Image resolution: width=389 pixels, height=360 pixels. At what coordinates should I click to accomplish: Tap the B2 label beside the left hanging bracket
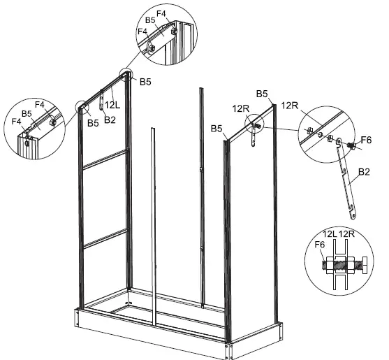pos(109,120)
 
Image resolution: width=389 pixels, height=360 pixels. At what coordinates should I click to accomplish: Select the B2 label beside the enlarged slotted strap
pos(362,170)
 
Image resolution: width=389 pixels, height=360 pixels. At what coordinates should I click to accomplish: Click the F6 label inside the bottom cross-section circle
pos(320,245)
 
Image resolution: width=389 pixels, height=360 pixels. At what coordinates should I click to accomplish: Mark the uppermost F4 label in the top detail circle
pos(161,12)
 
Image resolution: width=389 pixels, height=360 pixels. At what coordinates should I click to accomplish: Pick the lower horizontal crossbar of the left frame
pos(105,236)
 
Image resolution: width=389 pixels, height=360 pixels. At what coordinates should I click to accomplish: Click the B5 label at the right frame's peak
pos(263,94)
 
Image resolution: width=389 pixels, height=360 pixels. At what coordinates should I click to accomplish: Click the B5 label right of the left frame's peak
pos(145,82)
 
